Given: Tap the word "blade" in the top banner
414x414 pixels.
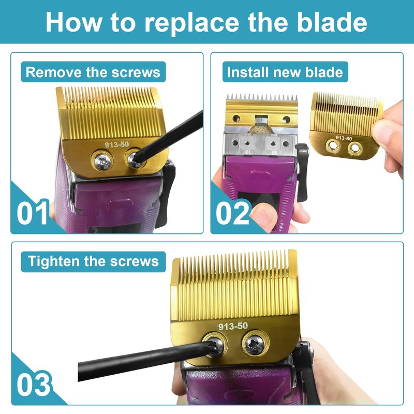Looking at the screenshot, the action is coord(332,22).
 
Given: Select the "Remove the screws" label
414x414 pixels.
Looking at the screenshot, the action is coord(93,72).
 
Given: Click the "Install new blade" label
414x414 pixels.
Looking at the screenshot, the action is coord(285,72).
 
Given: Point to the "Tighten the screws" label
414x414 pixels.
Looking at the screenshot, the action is coord(93,261).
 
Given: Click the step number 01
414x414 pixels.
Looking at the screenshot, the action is coord(33,213).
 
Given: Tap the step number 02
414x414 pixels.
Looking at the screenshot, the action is coord(232,213).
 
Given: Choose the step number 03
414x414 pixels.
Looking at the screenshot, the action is coord(33,385).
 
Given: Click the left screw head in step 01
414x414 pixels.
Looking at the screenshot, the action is coord(102,161).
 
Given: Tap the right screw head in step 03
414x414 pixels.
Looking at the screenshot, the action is coord(255,344).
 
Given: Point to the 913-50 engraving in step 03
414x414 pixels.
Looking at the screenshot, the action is coord(233,327).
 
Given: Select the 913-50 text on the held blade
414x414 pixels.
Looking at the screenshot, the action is coord(344,138).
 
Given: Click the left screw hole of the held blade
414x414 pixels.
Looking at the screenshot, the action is coord(333,146).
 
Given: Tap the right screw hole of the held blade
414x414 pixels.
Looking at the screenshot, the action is coord(355,149).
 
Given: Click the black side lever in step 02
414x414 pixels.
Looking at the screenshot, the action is coord(302,172).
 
